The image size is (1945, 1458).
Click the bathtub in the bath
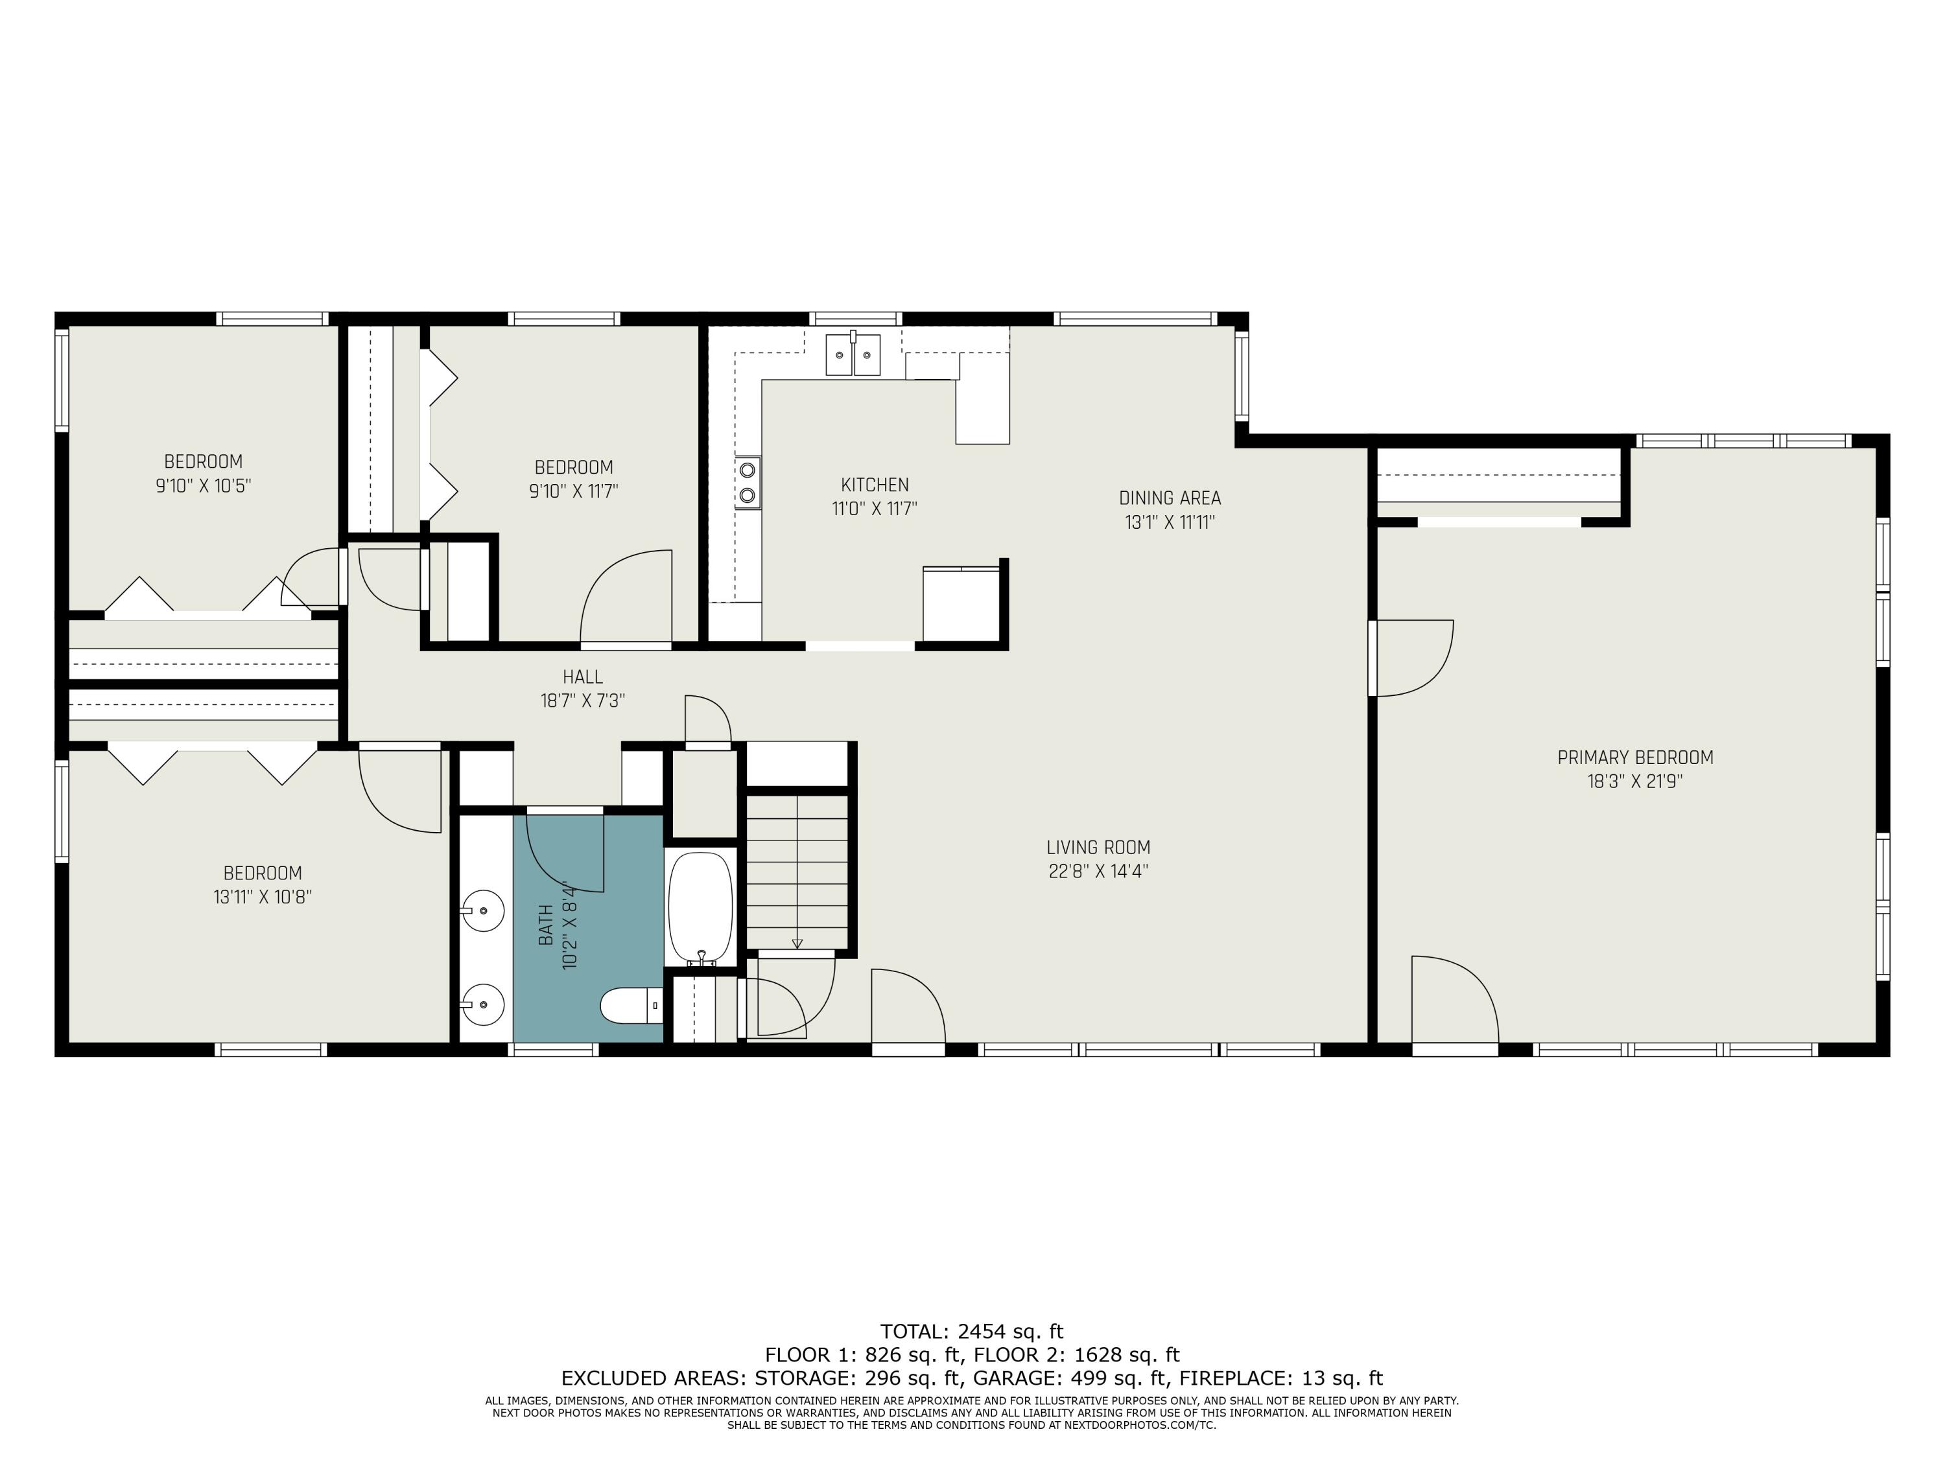[x=700, y=908]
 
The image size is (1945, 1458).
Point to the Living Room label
[x=1098, y=847]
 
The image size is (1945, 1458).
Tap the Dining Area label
[x=1170, y=498]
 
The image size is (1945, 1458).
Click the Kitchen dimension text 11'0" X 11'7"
[x=875, y=509]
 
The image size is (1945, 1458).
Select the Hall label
[x=583, y=677]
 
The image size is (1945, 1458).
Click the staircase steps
[x=797, y=873]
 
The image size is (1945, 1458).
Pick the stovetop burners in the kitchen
[x=748, y=483]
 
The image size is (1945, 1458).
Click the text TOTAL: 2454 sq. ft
[x=972, y=1332]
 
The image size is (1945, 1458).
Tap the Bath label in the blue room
[x=546, y=925]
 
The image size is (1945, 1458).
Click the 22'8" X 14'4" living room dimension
[x=1098, y=871]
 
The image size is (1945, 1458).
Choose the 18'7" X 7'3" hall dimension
[x=583, y=700]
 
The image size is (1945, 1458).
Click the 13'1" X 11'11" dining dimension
[x=1170, y=523]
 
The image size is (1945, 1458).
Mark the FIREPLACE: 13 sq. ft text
[x=1281, y=1378]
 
